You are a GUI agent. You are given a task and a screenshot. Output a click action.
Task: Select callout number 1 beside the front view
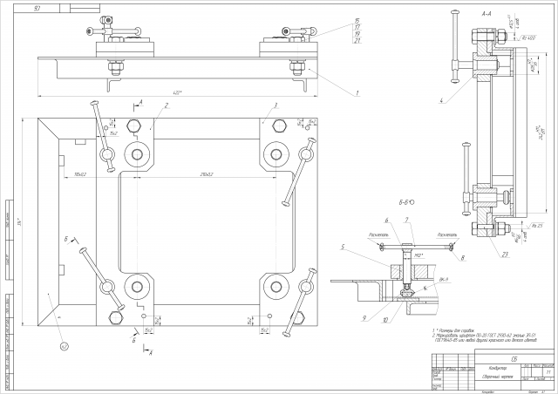[x=357, y=92]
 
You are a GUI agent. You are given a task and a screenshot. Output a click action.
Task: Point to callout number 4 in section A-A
[x=442, y=101]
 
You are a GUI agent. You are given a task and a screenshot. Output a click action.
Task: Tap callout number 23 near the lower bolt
[x=505, y=254]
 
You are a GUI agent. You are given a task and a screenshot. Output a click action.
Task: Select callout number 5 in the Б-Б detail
[x=344, y=248]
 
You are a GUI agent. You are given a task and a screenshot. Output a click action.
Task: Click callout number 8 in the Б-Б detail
[x=463, y=258]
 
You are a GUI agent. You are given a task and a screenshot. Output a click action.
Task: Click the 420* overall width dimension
[x=178, y=92]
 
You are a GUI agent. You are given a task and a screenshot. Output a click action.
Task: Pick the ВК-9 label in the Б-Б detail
[x=443, y=279]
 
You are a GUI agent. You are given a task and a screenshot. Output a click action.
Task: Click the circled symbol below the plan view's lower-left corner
[x=64, y=346]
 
